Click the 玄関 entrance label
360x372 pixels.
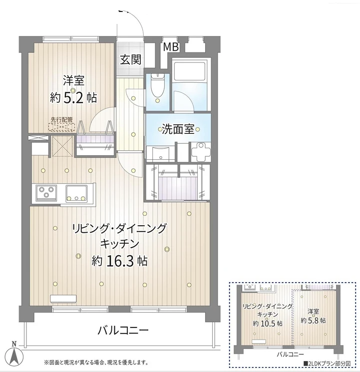pos(130,59)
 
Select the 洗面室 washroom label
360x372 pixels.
pos(177,129)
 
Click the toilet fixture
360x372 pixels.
pos(158,86)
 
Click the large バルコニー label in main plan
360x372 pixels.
pos(123,330)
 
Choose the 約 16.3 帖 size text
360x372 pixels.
pos(119,260)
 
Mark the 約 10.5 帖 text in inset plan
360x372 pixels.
pos(267,324)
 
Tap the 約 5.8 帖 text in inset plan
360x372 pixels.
pos(314,320)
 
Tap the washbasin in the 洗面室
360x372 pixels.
pos(159,153)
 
